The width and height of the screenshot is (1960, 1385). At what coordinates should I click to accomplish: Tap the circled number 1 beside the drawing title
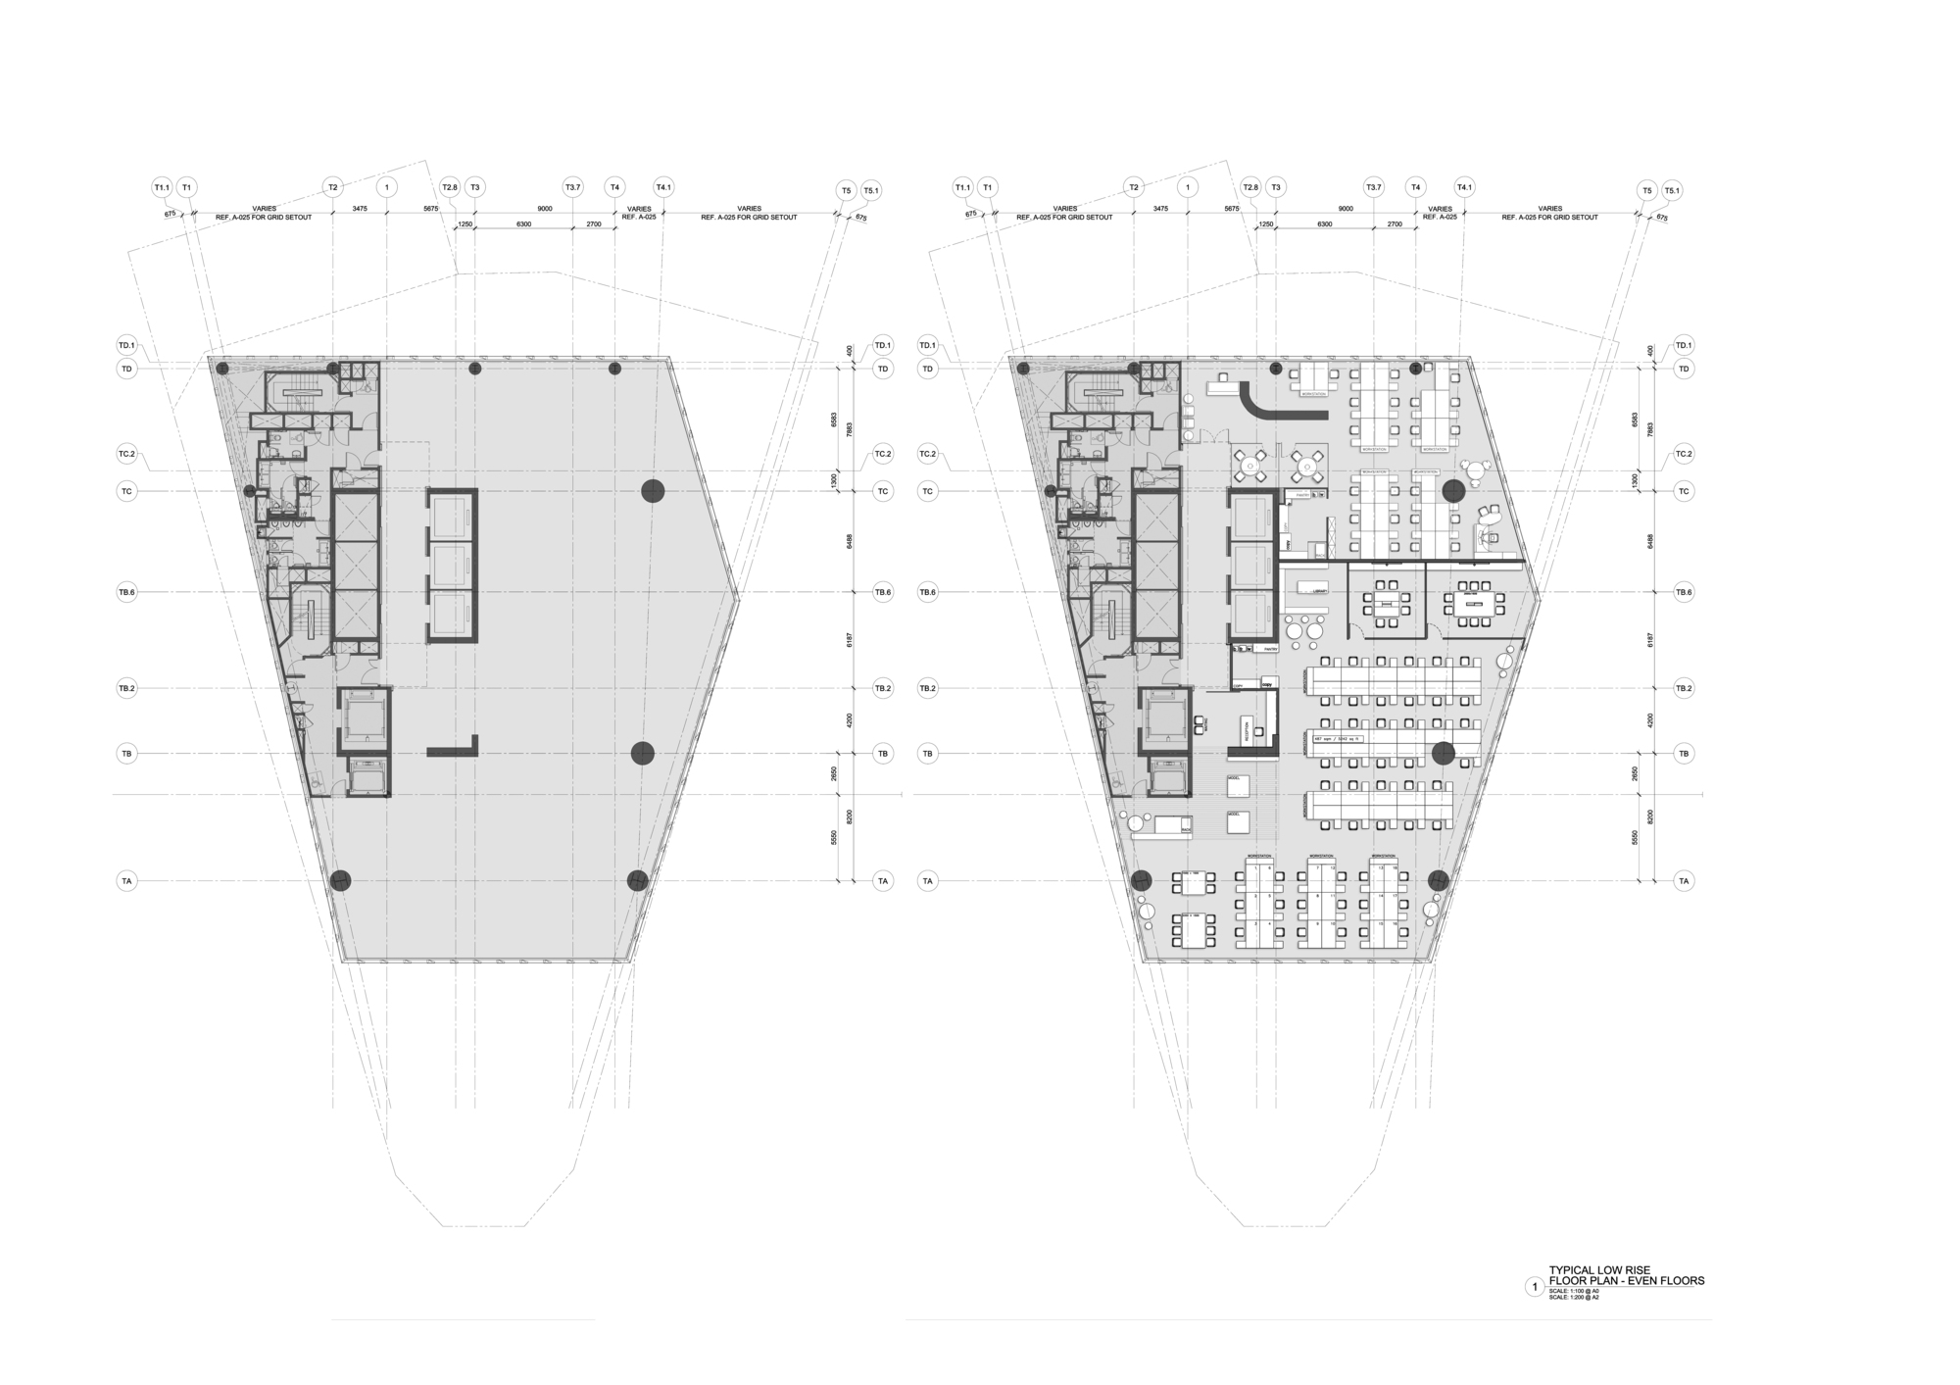pos(1535,1287)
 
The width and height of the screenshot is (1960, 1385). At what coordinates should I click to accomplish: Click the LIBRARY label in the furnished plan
pos(1320,592)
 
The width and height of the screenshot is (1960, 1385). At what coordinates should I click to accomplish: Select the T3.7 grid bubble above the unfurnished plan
pos(572,187)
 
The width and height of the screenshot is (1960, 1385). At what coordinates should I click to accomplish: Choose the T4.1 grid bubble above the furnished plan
pos(1465,187)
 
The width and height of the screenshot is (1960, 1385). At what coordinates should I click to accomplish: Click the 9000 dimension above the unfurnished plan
pos(545,209)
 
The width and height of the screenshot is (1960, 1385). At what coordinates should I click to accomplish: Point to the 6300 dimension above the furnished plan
pos(1325,224)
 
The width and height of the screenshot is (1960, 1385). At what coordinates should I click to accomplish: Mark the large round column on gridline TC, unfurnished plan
pos(654,491)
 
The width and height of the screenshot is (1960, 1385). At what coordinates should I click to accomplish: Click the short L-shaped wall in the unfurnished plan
pos(456,749)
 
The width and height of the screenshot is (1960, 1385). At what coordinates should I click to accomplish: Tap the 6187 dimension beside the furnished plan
pos(1650,640)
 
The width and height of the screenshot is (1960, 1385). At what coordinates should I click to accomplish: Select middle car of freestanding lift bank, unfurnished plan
pos(452,566)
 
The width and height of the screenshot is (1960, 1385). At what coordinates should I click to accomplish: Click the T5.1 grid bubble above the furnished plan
pos(1673,191)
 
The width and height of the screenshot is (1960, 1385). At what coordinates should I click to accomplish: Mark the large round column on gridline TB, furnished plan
pos(1444,753)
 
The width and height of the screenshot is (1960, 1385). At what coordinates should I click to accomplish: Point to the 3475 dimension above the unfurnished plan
pos(360,209)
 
